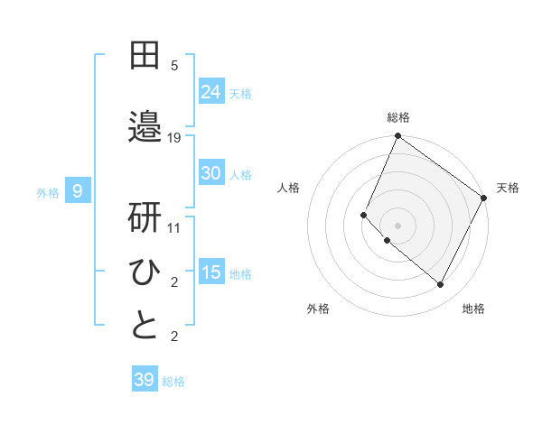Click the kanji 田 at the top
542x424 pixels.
(145, 55)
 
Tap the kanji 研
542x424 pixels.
(145, 217)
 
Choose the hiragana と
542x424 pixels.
(145, 326)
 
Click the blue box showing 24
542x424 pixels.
(211, 92)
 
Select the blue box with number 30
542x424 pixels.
(211, 173)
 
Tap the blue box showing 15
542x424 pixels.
(211, 272)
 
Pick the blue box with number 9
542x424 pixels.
(79, 191)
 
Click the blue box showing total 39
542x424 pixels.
(145, 380)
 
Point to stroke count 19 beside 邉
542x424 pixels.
(174, 137)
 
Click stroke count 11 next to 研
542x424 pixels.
(174, 228)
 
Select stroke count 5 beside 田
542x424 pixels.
(174, 66)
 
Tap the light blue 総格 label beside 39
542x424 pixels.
(173, 382)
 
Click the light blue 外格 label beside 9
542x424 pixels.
(48, 192)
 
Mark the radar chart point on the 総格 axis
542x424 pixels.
(397, 137)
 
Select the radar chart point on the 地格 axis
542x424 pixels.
(441, 285)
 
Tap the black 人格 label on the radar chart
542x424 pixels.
(289, 188)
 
